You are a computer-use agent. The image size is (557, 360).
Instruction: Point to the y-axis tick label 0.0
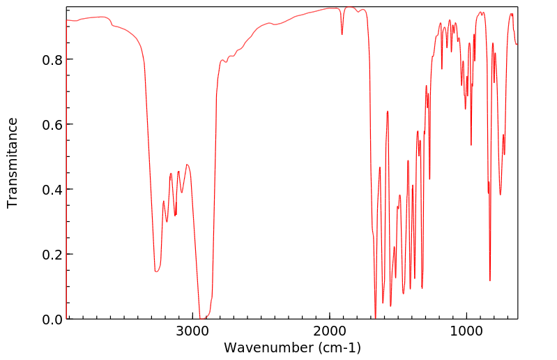point(51,320)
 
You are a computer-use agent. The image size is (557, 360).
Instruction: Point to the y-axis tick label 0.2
point(51,255)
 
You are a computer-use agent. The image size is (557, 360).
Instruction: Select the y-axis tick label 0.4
point(51,190)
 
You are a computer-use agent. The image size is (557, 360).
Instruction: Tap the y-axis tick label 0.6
point(51,125)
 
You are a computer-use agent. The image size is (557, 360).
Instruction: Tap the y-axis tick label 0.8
point(51,60)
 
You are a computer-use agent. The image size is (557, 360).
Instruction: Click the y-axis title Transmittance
point(13,163)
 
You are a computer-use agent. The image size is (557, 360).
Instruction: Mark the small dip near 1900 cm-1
point(342,34)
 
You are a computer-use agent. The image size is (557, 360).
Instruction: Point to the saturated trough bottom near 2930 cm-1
point(203,319)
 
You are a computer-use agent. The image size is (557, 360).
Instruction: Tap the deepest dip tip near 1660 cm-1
point(376,318)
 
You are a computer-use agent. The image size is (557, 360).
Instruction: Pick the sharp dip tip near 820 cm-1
point(490,280)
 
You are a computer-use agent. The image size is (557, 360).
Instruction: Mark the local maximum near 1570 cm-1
point(388,111)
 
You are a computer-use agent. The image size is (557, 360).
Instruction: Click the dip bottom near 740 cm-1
point(500,195)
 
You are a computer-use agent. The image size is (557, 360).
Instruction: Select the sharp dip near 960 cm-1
point(471,145)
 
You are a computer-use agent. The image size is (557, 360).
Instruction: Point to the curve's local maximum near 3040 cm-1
point(187,165)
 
